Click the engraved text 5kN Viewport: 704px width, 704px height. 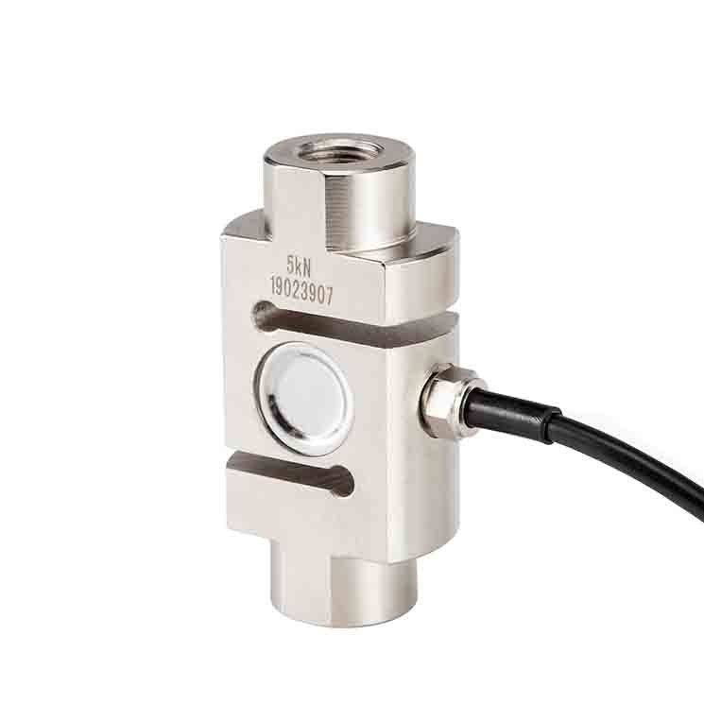pos(299,266)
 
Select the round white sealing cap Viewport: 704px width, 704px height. pos(310,399)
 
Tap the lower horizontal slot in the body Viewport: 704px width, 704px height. pos(291,476)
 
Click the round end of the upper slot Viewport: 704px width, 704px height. pos(263,316)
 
